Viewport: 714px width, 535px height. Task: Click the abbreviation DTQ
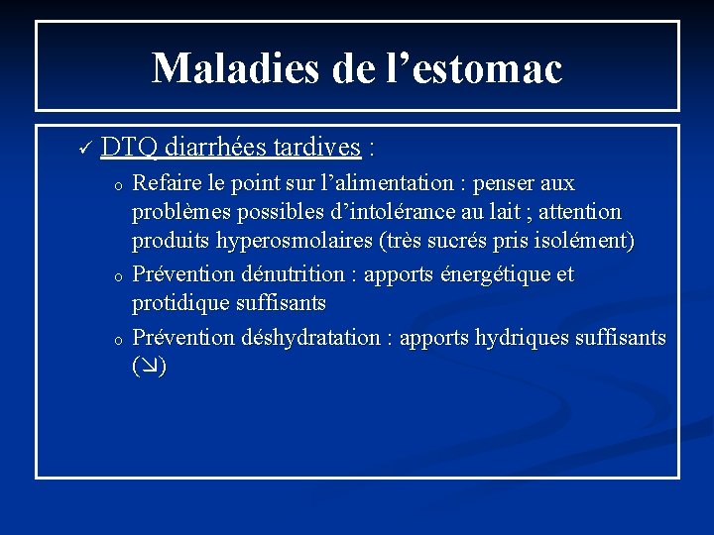tap(128, 148)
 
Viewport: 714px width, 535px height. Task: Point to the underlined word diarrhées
tap(210, 148)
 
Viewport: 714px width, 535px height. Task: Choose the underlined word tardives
tap(314, 148)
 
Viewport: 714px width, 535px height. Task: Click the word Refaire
tap(166, 183)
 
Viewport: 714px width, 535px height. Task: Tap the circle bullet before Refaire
tap(117, 185)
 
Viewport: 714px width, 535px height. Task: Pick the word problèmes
tap(178, 212)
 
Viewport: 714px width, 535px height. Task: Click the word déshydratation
tap(313, 337)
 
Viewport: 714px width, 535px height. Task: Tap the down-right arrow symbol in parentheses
tap(149, 367)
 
